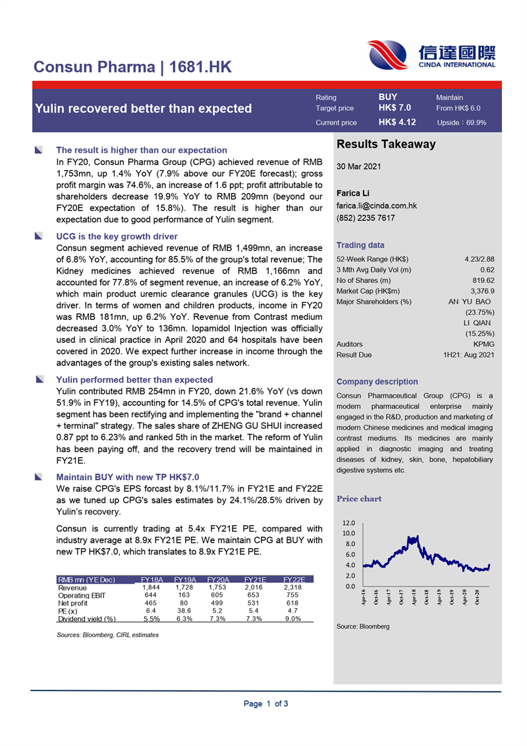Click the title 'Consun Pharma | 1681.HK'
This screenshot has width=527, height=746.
132,67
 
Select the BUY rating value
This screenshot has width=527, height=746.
388,97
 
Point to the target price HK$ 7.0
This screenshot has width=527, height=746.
395,108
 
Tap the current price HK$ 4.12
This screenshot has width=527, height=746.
397,122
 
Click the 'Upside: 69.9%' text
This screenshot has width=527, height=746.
461,123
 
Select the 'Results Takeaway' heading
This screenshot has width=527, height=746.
386,144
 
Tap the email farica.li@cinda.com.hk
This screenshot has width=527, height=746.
376,206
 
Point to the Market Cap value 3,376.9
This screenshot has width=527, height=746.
482,272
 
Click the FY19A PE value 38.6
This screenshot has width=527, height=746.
184,611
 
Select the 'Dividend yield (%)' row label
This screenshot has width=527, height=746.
87,619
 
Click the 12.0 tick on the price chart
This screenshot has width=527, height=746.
348,522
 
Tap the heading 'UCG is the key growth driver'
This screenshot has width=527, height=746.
117,236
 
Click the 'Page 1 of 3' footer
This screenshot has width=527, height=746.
265,704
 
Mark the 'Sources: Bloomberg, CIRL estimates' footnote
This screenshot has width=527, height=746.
108,635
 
